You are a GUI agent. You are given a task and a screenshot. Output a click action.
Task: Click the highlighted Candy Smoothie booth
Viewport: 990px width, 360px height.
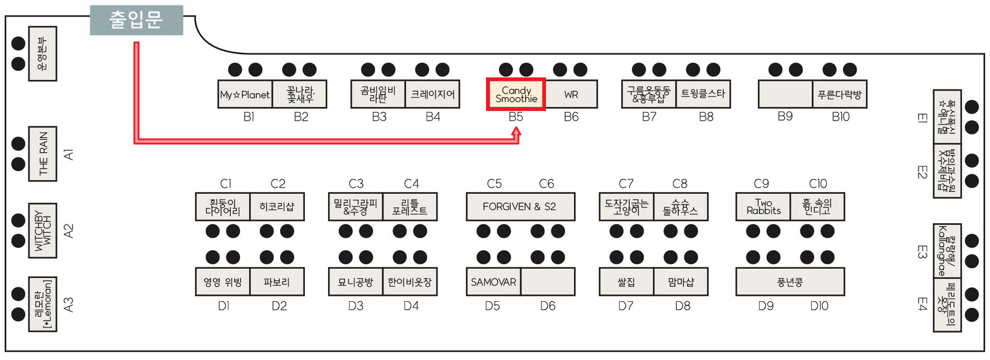point(515,94)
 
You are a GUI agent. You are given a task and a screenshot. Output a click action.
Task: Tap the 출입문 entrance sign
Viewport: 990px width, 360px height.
point(136,20)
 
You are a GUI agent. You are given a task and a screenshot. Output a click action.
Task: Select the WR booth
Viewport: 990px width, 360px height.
point(571,94)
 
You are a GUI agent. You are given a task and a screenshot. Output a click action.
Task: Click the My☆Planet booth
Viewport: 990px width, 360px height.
point(245,94)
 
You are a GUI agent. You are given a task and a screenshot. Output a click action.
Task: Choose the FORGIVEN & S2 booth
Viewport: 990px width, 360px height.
point(520,206)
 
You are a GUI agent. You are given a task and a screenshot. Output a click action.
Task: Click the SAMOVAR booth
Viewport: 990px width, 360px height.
point(493,282)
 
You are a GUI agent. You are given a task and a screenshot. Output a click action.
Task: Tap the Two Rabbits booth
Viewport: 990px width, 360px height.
point(763,206)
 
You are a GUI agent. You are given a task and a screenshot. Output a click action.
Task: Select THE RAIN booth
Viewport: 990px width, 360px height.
point(43,154)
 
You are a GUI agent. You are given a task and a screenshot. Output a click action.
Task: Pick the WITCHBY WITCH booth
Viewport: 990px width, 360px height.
point(43,230)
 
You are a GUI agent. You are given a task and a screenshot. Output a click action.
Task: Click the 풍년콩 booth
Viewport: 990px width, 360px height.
point(790,282)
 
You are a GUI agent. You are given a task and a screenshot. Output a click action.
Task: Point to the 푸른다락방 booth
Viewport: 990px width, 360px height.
point(839,94)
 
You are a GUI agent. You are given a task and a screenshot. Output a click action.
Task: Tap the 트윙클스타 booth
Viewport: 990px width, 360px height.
point(703,94)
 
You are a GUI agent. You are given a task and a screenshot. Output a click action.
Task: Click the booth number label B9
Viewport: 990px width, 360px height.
point(785,116)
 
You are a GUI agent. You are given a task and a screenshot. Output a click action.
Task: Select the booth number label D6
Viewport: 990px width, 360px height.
point(547,306)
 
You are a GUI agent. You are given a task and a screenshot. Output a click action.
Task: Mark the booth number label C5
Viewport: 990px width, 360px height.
point(494,184)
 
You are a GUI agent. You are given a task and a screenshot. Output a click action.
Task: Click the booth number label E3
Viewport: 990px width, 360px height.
point(922,251)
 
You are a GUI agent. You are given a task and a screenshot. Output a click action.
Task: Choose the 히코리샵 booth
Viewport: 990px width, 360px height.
point(277,206)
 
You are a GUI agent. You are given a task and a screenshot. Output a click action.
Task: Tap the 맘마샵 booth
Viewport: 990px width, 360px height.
point(680,282)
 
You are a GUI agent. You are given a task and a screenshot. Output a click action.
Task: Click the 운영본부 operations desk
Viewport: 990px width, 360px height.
point(43,53)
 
